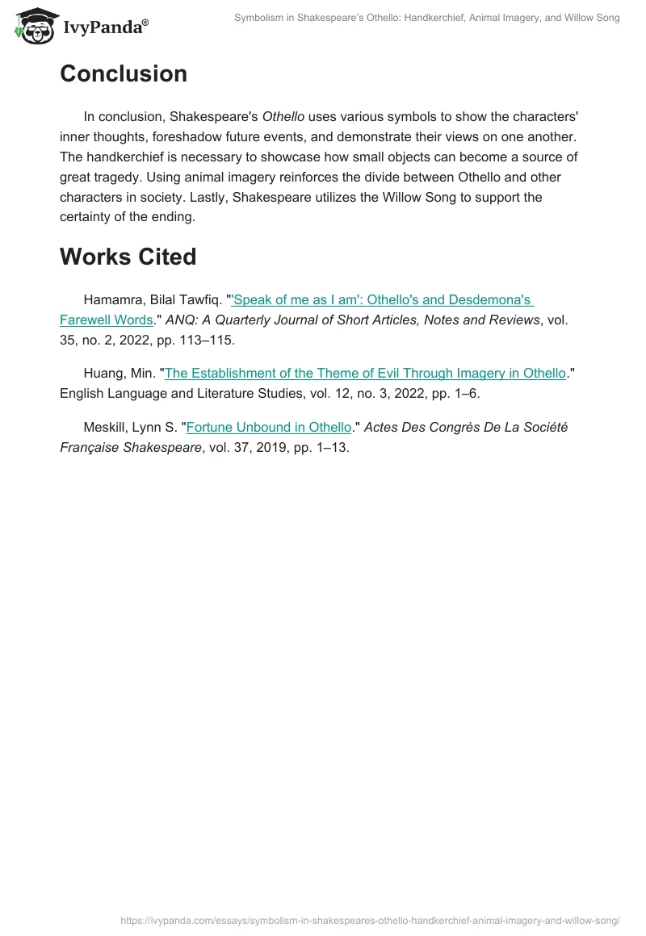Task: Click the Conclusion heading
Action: [x=123, y=73]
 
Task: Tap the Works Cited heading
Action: [x=128, y=257]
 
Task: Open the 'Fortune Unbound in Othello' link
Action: [x=269, y=427]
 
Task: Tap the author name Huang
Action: [x=103, y=373]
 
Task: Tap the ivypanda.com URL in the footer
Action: [x=369, y=920]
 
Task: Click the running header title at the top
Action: [x=427, y=18]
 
